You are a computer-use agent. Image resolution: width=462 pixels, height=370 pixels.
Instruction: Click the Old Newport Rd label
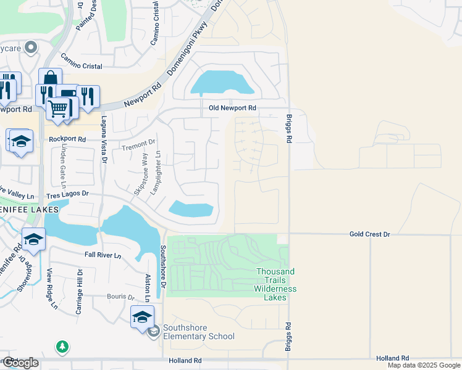coord(232,108)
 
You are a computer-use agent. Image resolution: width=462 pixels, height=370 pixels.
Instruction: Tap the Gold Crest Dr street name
coord(370,234)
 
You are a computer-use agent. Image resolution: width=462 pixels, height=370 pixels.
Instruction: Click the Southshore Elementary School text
coord(199,336)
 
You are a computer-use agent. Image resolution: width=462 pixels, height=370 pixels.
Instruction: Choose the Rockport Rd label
coord(67,139)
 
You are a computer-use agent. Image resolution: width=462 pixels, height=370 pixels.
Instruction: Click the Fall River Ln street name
coord(103,255)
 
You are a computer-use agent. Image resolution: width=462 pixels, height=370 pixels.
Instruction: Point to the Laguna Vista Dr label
coord(105,139)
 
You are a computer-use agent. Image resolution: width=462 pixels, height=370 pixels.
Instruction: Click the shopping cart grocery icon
coord(57,108)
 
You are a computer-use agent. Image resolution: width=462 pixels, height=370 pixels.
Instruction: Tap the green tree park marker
coord(62,347)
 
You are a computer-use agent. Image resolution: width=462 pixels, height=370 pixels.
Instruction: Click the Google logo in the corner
coord(20,363)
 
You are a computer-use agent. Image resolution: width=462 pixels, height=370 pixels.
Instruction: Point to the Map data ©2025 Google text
coord(424,365)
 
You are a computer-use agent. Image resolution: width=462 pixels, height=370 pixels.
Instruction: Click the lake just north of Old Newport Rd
coord(221,82)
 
